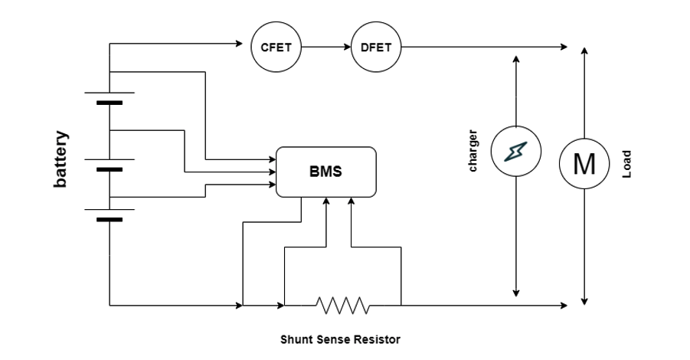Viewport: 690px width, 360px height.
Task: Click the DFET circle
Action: tap(375, 47)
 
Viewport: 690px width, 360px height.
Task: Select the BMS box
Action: tap(326, 171)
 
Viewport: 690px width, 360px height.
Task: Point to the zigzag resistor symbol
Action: tap(342, 306)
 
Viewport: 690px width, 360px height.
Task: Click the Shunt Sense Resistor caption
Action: tap(340, 339)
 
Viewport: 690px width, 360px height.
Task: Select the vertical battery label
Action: tap(60, 159)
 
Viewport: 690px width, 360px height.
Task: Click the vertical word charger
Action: tap(473, 151)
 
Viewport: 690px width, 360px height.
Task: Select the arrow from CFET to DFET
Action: tap(325, 47)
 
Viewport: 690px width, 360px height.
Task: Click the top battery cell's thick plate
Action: tap(110, 102)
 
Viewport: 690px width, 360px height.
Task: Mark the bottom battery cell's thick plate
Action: tap(110, 219)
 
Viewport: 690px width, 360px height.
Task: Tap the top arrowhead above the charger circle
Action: tap(516, 60)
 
